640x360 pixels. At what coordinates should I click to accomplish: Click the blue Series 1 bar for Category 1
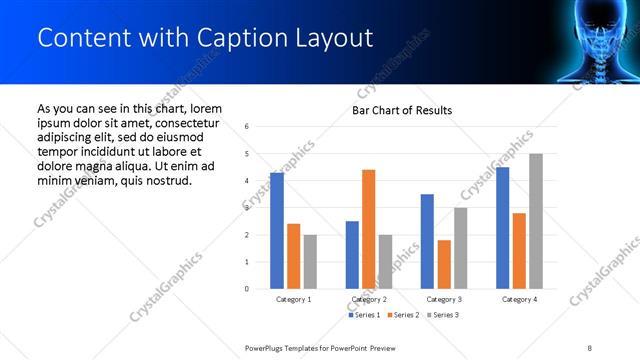(x=277, y=231)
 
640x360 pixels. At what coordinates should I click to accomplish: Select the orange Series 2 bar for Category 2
(x=368, y=229)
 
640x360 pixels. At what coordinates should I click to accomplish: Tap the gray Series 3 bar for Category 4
(x=536, y=221)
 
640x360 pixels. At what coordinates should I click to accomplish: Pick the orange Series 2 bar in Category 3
(x=444, y=264)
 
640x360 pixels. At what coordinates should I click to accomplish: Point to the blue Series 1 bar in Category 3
(x=427, y=241)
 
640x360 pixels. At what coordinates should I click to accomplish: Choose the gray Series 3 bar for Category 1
(x=310, y=262)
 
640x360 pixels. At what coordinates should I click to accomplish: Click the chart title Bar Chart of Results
(x=402, y=110)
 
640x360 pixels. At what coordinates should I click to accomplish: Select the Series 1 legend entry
(x=365, y=315)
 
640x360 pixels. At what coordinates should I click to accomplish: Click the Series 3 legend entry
(x=443, y=315)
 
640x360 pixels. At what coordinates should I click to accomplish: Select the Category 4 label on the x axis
(x=519, y=299)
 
